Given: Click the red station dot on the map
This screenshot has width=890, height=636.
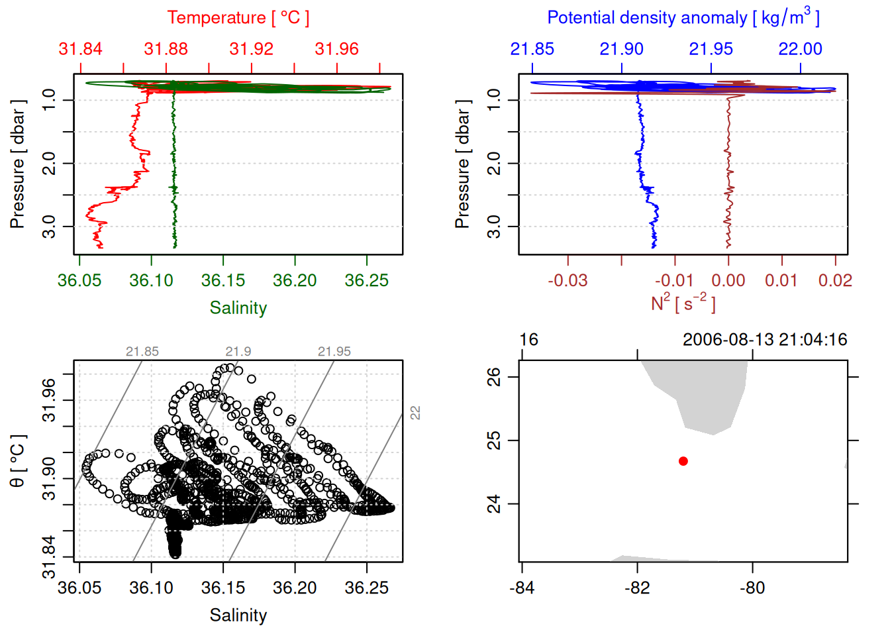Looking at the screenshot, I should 683,461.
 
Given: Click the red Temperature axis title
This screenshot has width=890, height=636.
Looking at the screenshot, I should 238,18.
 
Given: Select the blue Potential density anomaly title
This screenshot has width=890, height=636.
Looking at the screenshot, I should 683,18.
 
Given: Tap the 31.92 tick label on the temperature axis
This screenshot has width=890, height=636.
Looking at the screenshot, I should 251,49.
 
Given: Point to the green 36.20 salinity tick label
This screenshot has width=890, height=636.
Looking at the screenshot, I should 295,280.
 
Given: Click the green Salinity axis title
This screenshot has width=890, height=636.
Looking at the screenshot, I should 238,308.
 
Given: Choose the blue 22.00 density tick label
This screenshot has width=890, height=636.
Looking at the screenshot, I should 800,49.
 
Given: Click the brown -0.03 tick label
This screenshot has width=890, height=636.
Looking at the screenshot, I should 568,280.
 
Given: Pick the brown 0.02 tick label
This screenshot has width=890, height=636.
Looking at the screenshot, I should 835,280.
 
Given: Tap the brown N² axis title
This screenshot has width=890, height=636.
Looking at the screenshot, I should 683,303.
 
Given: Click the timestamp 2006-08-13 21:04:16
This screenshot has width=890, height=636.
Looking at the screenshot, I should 765,340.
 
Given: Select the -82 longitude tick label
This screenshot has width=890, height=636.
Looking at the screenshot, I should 637,588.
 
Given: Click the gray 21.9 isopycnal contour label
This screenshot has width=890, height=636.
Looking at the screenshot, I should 238,352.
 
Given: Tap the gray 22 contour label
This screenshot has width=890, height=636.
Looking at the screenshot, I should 415,412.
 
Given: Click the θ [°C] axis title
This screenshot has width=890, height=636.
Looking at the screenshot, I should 18,460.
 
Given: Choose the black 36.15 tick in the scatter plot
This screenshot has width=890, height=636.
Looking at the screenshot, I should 223,588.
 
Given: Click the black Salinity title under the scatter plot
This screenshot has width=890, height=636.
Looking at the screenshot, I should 238,615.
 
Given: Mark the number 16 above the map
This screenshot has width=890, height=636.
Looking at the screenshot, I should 528,340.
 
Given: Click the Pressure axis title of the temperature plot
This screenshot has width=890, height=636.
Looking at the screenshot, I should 18,164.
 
